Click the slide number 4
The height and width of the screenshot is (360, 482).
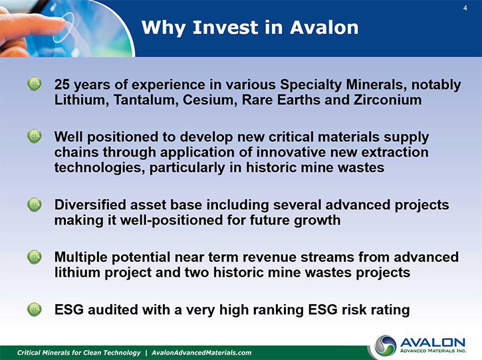[465, 8]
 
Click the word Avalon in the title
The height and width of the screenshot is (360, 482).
[324, 27]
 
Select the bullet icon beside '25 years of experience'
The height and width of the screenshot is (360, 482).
[35, 84]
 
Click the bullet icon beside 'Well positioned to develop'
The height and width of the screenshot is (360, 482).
[35, 136]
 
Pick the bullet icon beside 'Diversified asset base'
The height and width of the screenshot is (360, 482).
[35, 205]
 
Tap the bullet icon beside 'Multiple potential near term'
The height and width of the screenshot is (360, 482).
[35, 257]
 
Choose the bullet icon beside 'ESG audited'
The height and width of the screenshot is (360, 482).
[35, 310]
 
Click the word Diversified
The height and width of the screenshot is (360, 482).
[90, 205]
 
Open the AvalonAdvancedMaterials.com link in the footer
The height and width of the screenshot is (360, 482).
[201, 353]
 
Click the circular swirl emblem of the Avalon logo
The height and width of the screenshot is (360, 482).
[386, 346]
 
